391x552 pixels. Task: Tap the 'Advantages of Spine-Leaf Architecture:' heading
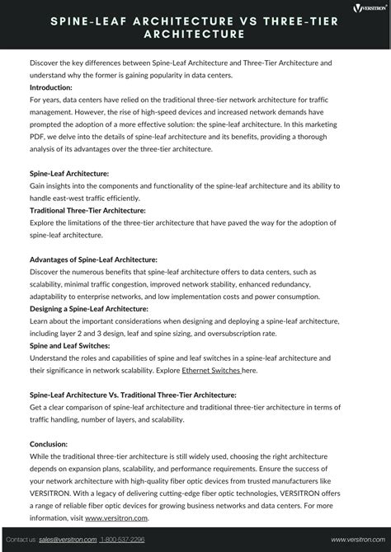pos(93,260)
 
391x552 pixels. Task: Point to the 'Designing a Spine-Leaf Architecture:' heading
pos(89,308)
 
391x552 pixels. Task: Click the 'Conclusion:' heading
pos(49,443)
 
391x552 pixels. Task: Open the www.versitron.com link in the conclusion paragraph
pos(116,517)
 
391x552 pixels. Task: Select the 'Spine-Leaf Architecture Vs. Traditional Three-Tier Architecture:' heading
pos(133,395)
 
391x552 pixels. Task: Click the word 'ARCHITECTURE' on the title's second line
pos(195,35)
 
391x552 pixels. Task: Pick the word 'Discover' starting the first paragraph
pos(47,63)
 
